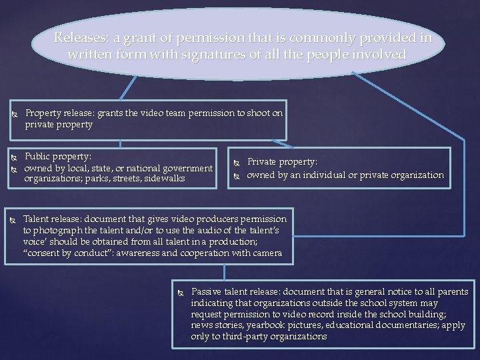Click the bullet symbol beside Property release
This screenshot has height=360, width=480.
pyautogui.click(x=14, y=115)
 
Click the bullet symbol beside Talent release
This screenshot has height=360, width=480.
pyautogui.click(x=13, y=220)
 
